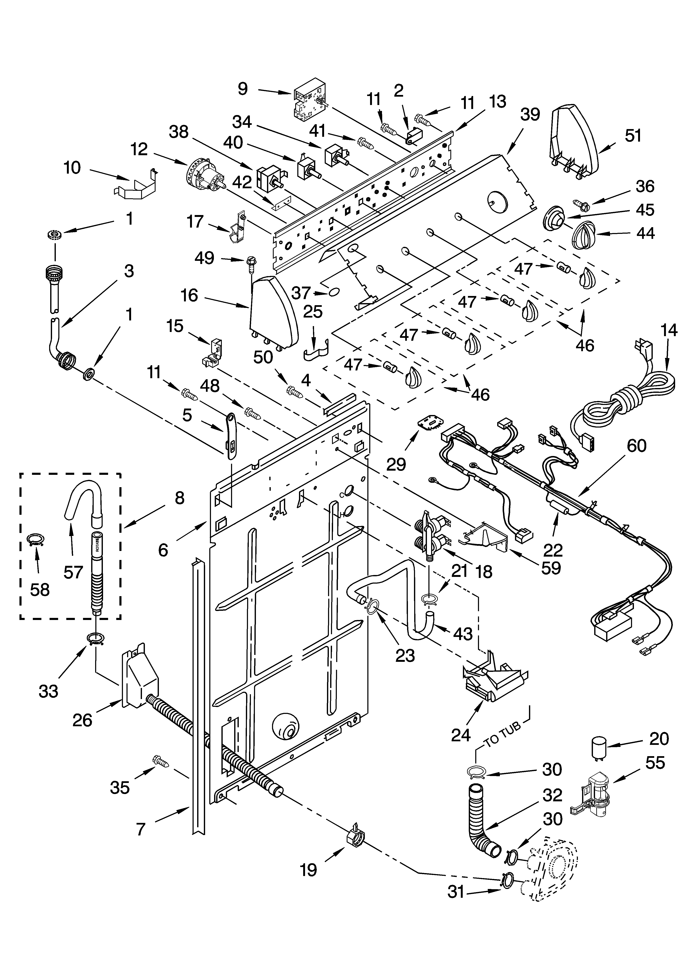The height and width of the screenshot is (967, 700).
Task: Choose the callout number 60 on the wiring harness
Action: [636, 446]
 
